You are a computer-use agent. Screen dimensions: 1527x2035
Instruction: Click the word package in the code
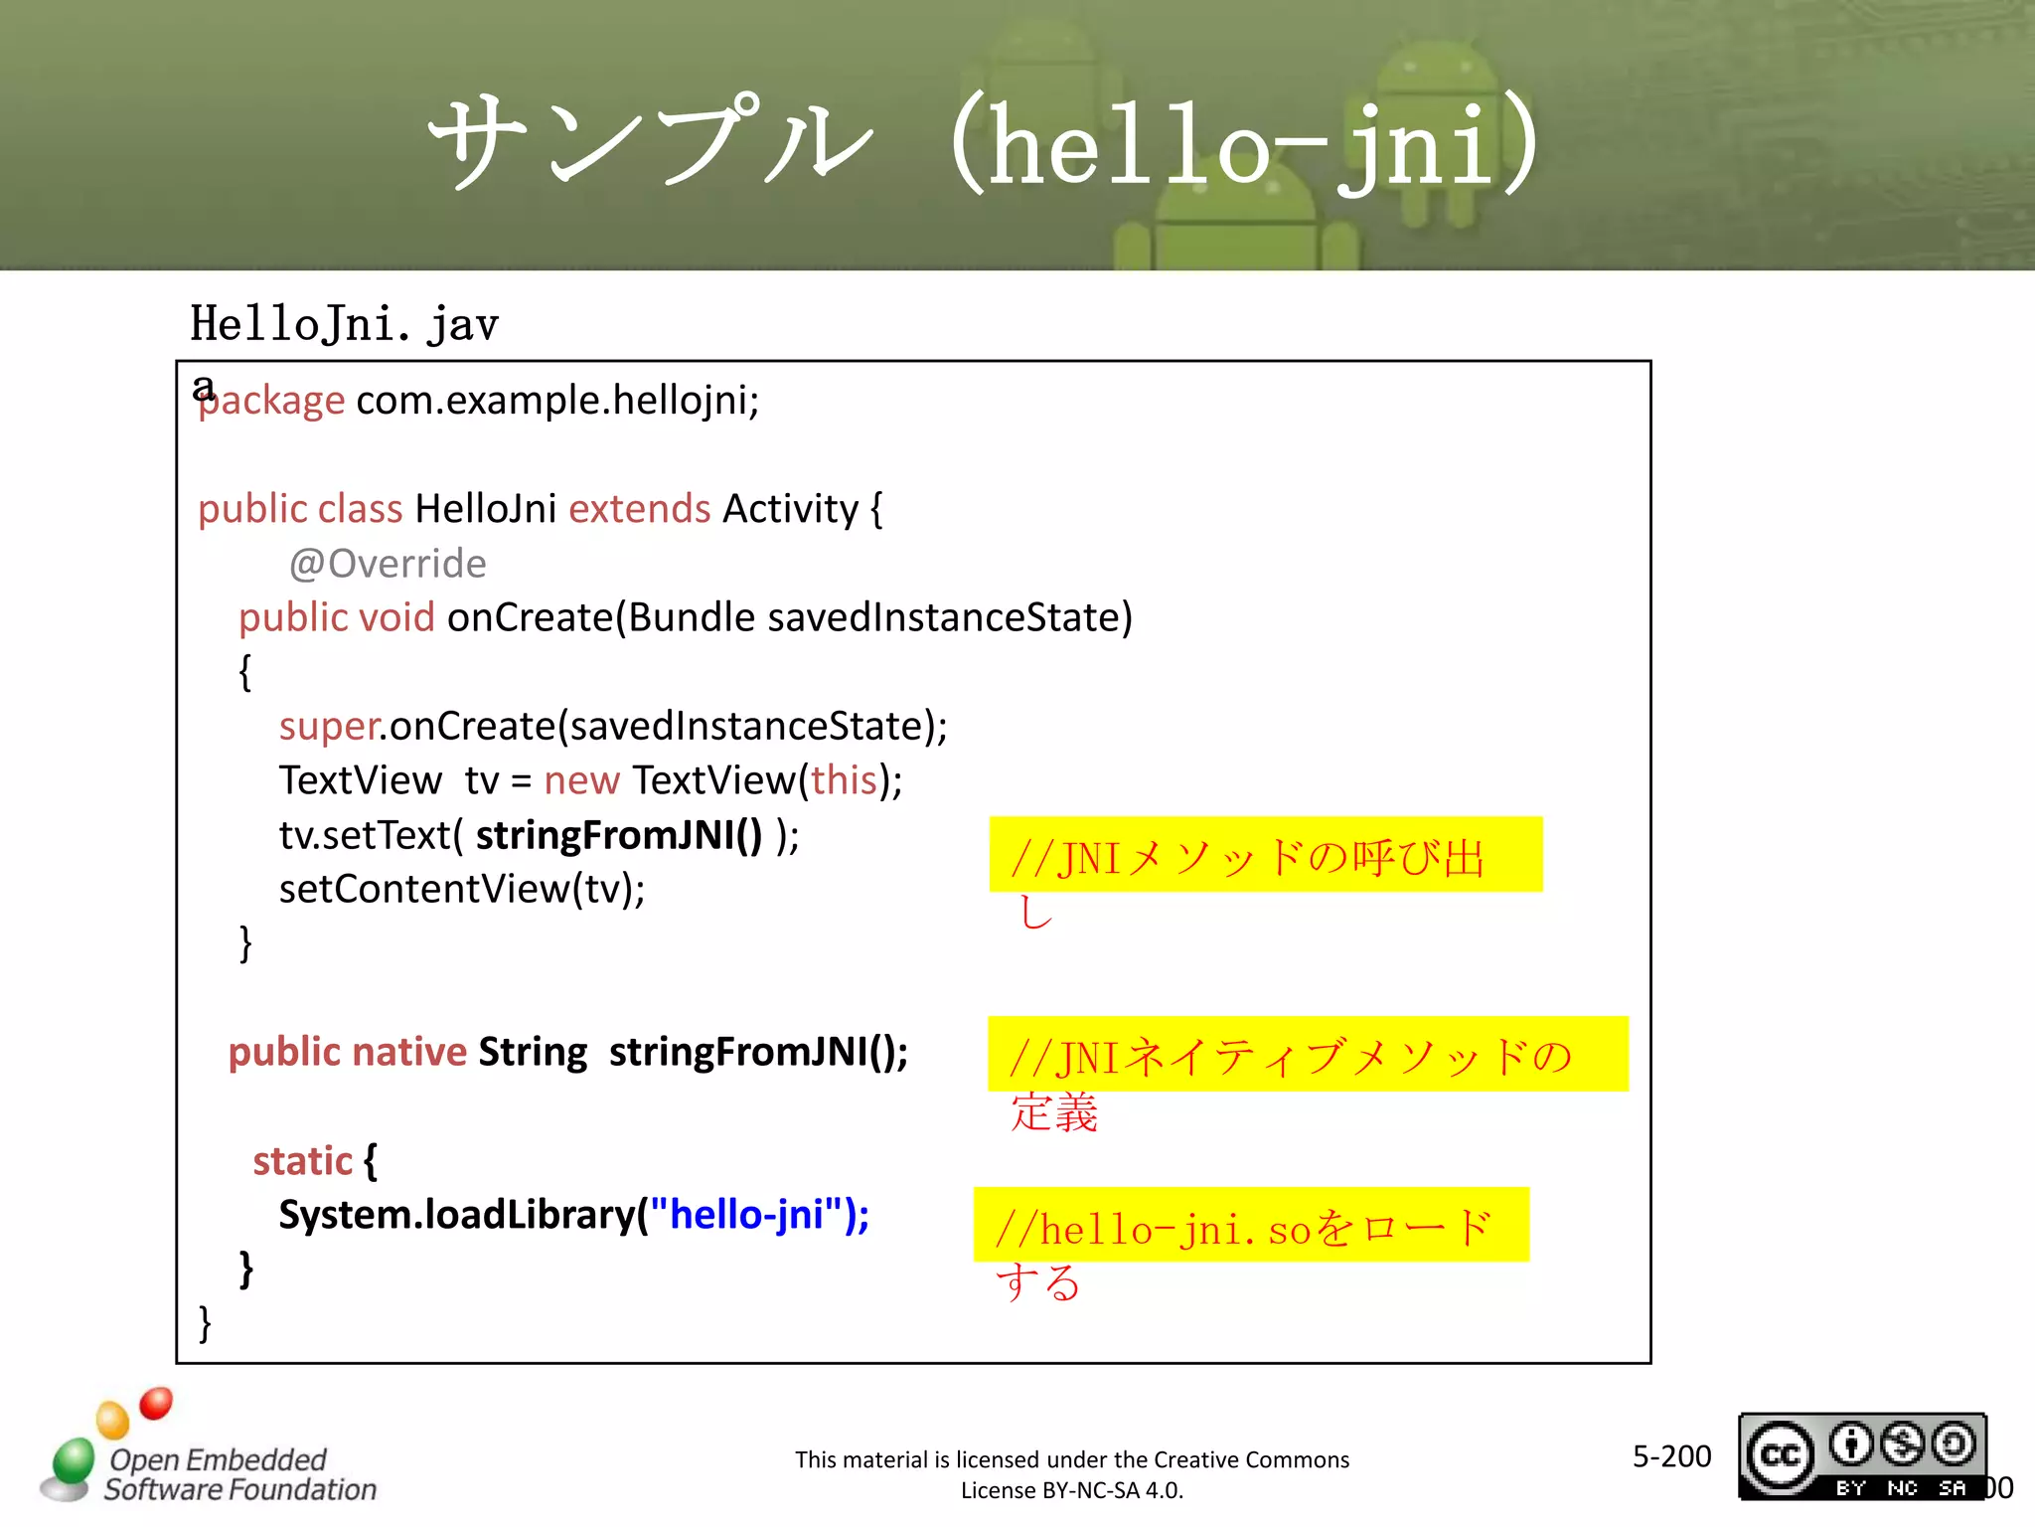click(271, 401)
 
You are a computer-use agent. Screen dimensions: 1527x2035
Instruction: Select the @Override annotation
click(388, 564)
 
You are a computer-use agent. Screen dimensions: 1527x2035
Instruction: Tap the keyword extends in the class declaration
click(639, 509)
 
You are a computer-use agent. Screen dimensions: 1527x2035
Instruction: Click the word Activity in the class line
click(790, 509)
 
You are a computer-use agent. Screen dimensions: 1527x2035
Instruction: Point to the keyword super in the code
click(329, 726)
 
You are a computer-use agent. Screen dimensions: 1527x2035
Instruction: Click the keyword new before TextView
click(581, 780)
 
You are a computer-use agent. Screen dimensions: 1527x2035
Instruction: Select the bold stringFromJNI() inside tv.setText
click(618, 835)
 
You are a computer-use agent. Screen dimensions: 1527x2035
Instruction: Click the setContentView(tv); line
click(462, 889)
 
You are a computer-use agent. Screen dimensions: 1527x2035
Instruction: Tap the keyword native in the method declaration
click(409, 1052)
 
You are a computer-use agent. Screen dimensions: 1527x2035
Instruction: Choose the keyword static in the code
click(302, 1161)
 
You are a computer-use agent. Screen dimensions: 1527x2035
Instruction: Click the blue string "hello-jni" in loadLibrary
click(747, 1215)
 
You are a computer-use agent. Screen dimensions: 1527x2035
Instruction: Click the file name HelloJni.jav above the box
click(344, 324)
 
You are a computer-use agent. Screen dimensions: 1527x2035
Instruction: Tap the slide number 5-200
click(1671, 1456)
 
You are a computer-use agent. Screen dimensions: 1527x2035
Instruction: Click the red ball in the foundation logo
click(156, 1403)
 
